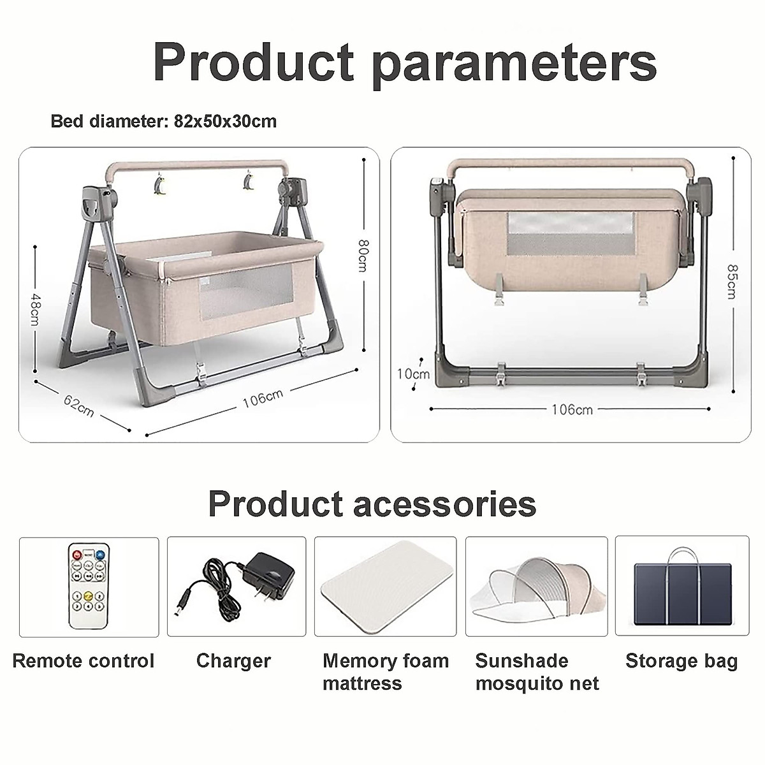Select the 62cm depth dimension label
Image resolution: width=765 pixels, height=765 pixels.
pos(79,406)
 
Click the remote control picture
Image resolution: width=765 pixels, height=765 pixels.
pos(89,587)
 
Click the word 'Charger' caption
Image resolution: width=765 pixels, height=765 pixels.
pos(233,660)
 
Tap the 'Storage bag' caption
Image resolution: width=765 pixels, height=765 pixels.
pos(681,660)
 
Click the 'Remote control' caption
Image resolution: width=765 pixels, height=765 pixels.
pos(84,660)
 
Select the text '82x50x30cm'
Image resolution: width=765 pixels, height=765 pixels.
pos(225,121)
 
